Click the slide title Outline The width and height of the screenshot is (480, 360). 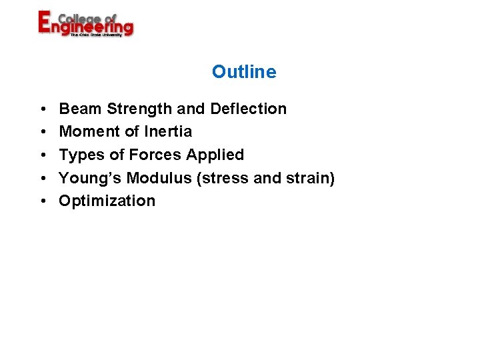click(x=244, y=72)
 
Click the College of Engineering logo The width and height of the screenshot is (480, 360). click(x=85, y=24)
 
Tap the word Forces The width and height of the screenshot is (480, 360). click(x=155, y=155)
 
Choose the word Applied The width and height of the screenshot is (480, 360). click(x=215, y=155)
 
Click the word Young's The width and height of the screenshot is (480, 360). click(x=90, y=178)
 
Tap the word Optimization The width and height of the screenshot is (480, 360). click(x=107, y=201)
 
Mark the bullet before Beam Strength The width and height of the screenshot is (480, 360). click(x=42, y=109)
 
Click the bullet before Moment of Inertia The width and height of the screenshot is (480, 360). click(x=42, y=132)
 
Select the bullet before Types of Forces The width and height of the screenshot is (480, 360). click(x=42, y=155)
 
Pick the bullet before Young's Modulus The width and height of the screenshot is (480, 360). click(x=42, y=178)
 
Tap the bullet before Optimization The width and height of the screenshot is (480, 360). click(x=42, y=201)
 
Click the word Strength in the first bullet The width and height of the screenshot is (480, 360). click(x=141, y=109)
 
